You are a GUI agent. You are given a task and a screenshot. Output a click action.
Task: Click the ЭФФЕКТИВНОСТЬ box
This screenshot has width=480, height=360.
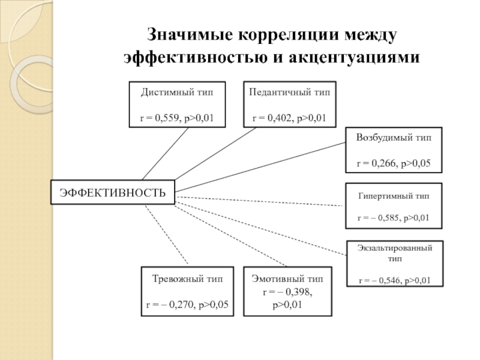(113, 192)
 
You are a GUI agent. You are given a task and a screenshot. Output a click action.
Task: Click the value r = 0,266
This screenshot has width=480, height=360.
(377, 163)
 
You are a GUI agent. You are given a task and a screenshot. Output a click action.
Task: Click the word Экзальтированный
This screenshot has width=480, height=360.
(395, 248)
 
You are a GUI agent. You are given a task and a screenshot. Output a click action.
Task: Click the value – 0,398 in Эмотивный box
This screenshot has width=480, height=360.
(295, 292)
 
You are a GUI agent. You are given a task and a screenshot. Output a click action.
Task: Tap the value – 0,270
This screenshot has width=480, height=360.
(178, 305)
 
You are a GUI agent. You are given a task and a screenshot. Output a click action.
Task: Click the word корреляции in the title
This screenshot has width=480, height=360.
(289, 34)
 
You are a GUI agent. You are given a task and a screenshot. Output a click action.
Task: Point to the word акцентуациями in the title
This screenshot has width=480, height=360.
(354, 57)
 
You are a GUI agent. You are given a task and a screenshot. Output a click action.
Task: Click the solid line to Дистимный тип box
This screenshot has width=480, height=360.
(166, 154)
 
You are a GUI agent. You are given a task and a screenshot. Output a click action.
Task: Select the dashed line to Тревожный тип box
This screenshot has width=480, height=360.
(167, 235)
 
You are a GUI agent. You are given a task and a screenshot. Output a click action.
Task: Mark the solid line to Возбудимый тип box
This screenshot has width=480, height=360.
(260, 167)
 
